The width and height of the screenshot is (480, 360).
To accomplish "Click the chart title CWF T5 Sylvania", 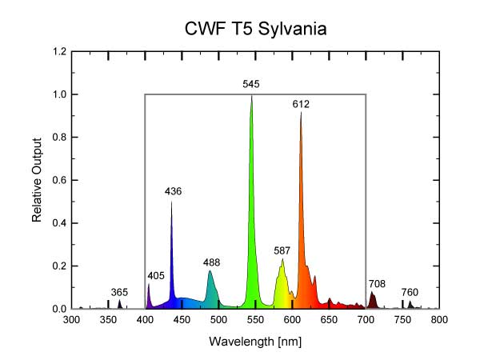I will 255,30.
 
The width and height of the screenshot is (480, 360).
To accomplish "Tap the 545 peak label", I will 251,84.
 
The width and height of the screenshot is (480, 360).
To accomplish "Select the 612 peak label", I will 301,104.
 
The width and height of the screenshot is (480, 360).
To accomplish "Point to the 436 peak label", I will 173,191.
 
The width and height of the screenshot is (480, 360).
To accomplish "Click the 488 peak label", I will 211,262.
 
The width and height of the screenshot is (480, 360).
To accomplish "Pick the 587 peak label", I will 282,250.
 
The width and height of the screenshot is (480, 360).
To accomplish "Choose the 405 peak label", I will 156,276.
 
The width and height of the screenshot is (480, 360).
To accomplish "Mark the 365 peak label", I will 119,292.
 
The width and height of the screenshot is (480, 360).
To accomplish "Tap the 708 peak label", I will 378,283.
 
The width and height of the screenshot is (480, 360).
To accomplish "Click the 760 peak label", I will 410,292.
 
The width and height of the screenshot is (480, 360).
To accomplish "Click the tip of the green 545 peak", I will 251,96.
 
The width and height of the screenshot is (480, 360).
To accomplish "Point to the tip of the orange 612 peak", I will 301,114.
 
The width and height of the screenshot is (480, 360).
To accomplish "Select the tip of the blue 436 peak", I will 171,202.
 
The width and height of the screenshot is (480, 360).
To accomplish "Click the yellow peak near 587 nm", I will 282,261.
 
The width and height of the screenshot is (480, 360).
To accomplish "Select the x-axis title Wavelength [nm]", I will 254,341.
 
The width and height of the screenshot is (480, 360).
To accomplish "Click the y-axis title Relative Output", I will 37,181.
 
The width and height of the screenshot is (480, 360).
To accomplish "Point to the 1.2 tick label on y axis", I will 58,52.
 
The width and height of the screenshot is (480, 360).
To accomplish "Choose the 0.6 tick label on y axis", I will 58,180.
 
